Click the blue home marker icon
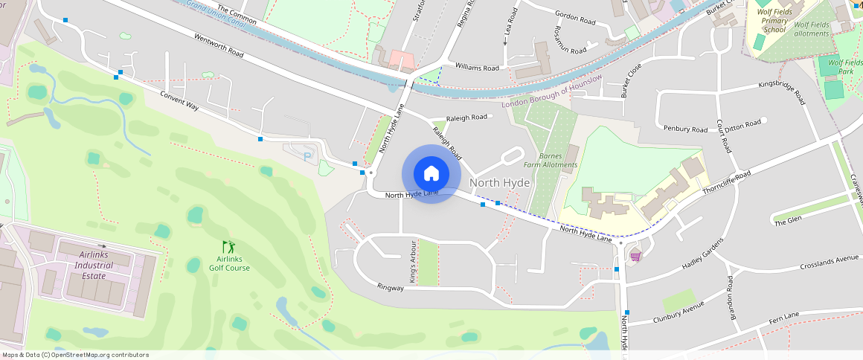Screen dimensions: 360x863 click(x=431, y=174)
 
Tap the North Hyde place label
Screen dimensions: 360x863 click(x=500, y=183)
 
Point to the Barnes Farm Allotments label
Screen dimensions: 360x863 click(x=550, y=160)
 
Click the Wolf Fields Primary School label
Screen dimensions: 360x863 click(x=774, y=21)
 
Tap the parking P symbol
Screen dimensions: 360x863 click(x=308, y=157)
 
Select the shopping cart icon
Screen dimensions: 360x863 click(x=635, y=256)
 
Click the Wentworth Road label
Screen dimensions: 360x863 click(x=219, y=45)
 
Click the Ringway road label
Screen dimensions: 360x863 click(x=390, y=287)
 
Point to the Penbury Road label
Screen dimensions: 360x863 click(x=685, y=129)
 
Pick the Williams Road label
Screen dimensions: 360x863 click(x=477, y=68)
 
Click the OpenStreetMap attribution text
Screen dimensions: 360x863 click(x=75, y=355)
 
